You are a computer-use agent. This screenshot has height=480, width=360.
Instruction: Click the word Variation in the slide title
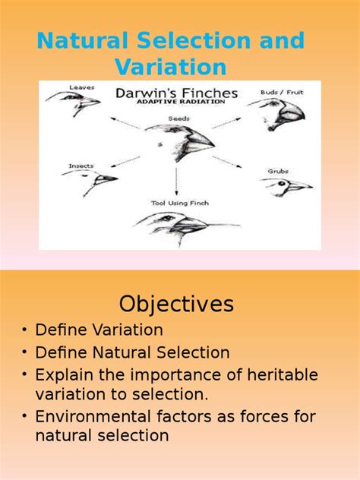click(x=171, y=67)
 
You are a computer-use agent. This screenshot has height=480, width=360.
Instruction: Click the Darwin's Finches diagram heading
click(x=176, y=95)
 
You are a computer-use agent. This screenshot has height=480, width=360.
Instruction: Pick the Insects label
click(x=81, y=165)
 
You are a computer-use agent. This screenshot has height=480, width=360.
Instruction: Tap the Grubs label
click(x=278, y=171)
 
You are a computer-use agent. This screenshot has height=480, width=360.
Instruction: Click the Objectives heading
click(x=176, y=305)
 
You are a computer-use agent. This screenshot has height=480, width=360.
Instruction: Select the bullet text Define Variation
click(x=99, y=330)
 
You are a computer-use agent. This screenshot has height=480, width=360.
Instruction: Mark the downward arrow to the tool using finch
click(x=176, y=182)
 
